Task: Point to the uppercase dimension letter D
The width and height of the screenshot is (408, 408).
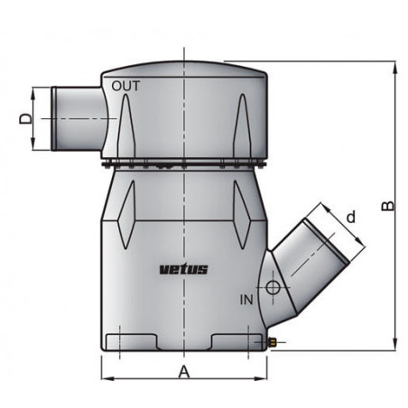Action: click(x=25, y=117)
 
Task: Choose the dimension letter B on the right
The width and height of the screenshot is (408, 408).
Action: click(x=387, y=205)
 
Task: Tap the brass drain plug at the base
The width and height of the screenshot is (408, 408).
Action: click(x=272, y=344)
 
